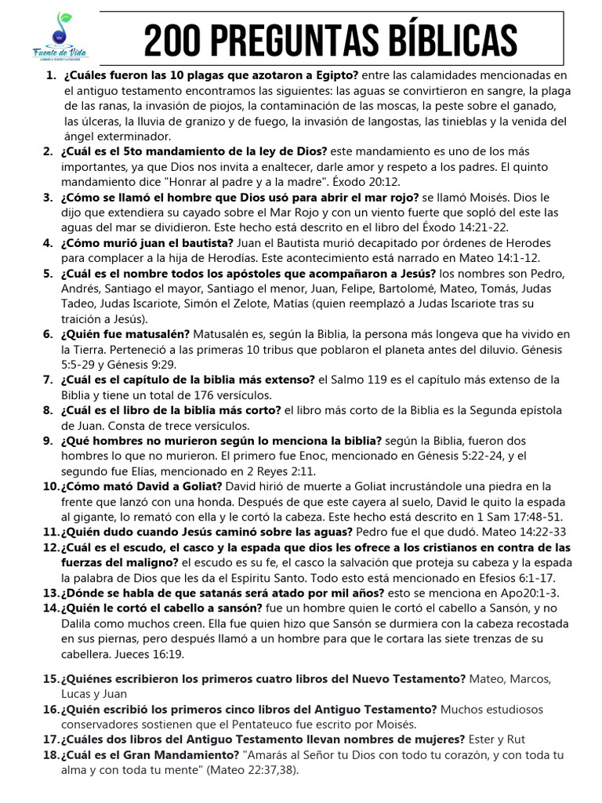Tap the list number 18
(51, 754)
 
